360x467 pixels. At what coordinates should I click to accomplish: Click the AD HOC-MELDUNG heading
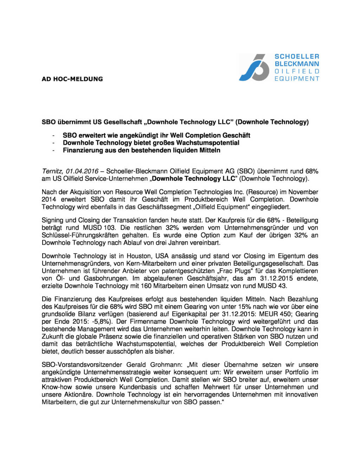(72, 79)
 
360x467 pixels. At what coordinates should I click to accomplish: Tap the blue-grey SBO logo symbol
(254, 67)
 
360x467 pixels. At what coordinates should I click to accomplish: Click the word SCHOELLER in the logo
(297, 56)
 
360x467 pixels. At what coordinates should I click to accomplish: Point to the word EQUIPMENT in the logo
(297, 78)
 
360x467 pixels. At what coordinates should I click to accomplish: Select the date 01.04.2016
(82, 171)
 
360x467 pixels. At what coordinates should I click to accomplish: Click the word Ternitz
(52, 171)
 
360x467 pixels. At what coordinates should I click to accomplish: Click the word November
(303, 192)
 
